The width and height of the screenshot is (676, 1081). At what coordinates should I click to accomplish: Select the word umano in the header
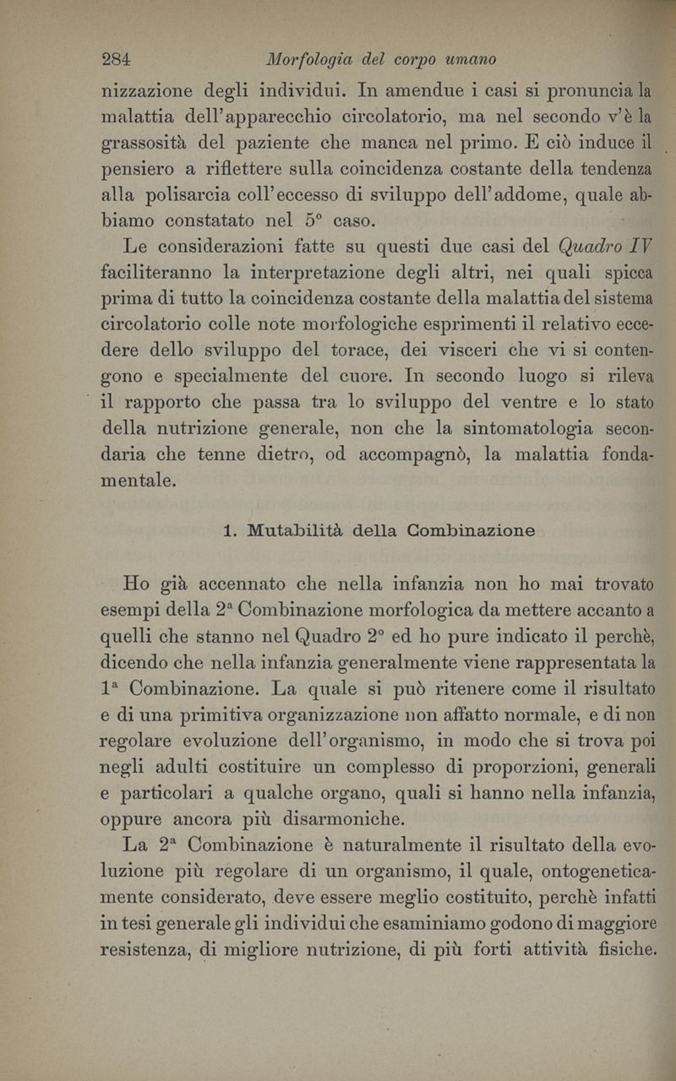point(467,60)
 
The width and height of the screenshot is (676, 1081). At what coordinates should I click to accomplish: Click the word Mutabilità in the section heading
point(292,531)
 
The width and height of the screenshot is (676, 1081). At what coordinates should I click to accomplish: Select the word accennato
point(255,582)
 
